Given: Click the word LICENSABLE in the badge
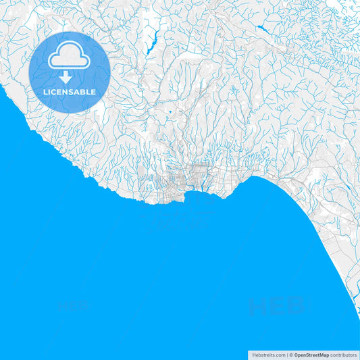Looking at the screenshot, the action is tap(70, 92).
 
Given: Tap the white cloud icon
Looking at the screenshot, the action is tap(70, 58).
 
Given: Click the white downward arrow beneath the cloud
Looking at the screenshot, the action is tap(66, 78).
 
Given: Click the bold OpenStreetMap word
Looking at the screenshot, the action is tap(311, 355).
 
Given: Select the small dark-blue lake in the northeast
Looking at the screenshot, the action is tap(261, 29).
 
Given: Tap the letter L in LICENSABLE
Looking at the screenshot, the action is tap(45, 92).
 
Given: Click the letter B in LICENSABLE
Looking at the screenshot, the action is tap(84, 92).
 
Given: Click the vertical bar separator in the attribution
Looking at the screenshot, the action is tap(287, 355).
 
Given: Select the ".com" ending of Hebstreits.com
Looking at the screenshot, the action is tap(279, 355).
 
